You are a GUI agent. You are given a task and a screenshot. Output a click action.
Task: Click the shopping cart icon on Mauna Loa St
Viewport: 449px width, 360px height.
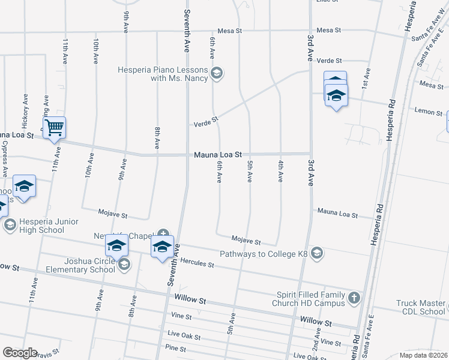coord(54,127)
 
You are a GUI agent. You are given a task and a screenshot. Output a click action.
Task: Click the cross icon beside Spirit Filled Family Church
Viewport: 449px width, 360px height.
coord(355,297)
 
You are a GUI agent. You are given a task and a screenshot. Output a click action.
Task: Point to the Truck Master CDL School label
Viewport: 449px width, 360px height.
coord(420,307)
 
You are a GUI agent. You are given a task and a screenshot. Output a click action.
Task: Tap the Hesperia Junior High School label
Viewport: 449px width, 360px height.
coord(41,226)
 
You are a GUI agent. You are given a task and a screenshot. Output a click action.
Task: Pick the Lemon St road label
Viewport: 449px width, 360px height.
coord(428,110)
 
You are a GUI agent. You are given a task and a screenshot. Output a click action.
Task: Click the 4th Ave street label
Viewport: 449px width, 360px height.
coord(280,171)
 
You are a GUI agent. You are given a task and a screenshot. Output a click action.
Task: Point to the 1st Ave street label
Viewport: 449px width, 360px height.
coord(367,77)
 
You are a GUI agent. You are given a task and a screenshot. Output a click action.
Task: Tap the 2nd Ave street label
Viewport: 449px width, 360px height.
coord(315,343)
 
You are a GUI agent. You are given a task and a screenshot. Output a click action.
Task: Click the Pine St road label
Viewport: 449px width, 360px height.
coord(175,348)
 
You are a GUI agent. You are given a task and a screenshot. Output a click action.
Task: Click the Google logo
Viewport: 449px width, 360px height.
coord(20,353)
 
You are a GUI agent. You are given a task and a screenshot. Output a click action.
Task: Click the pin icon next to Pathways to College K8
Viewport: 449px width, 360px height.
coord(318,254)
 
